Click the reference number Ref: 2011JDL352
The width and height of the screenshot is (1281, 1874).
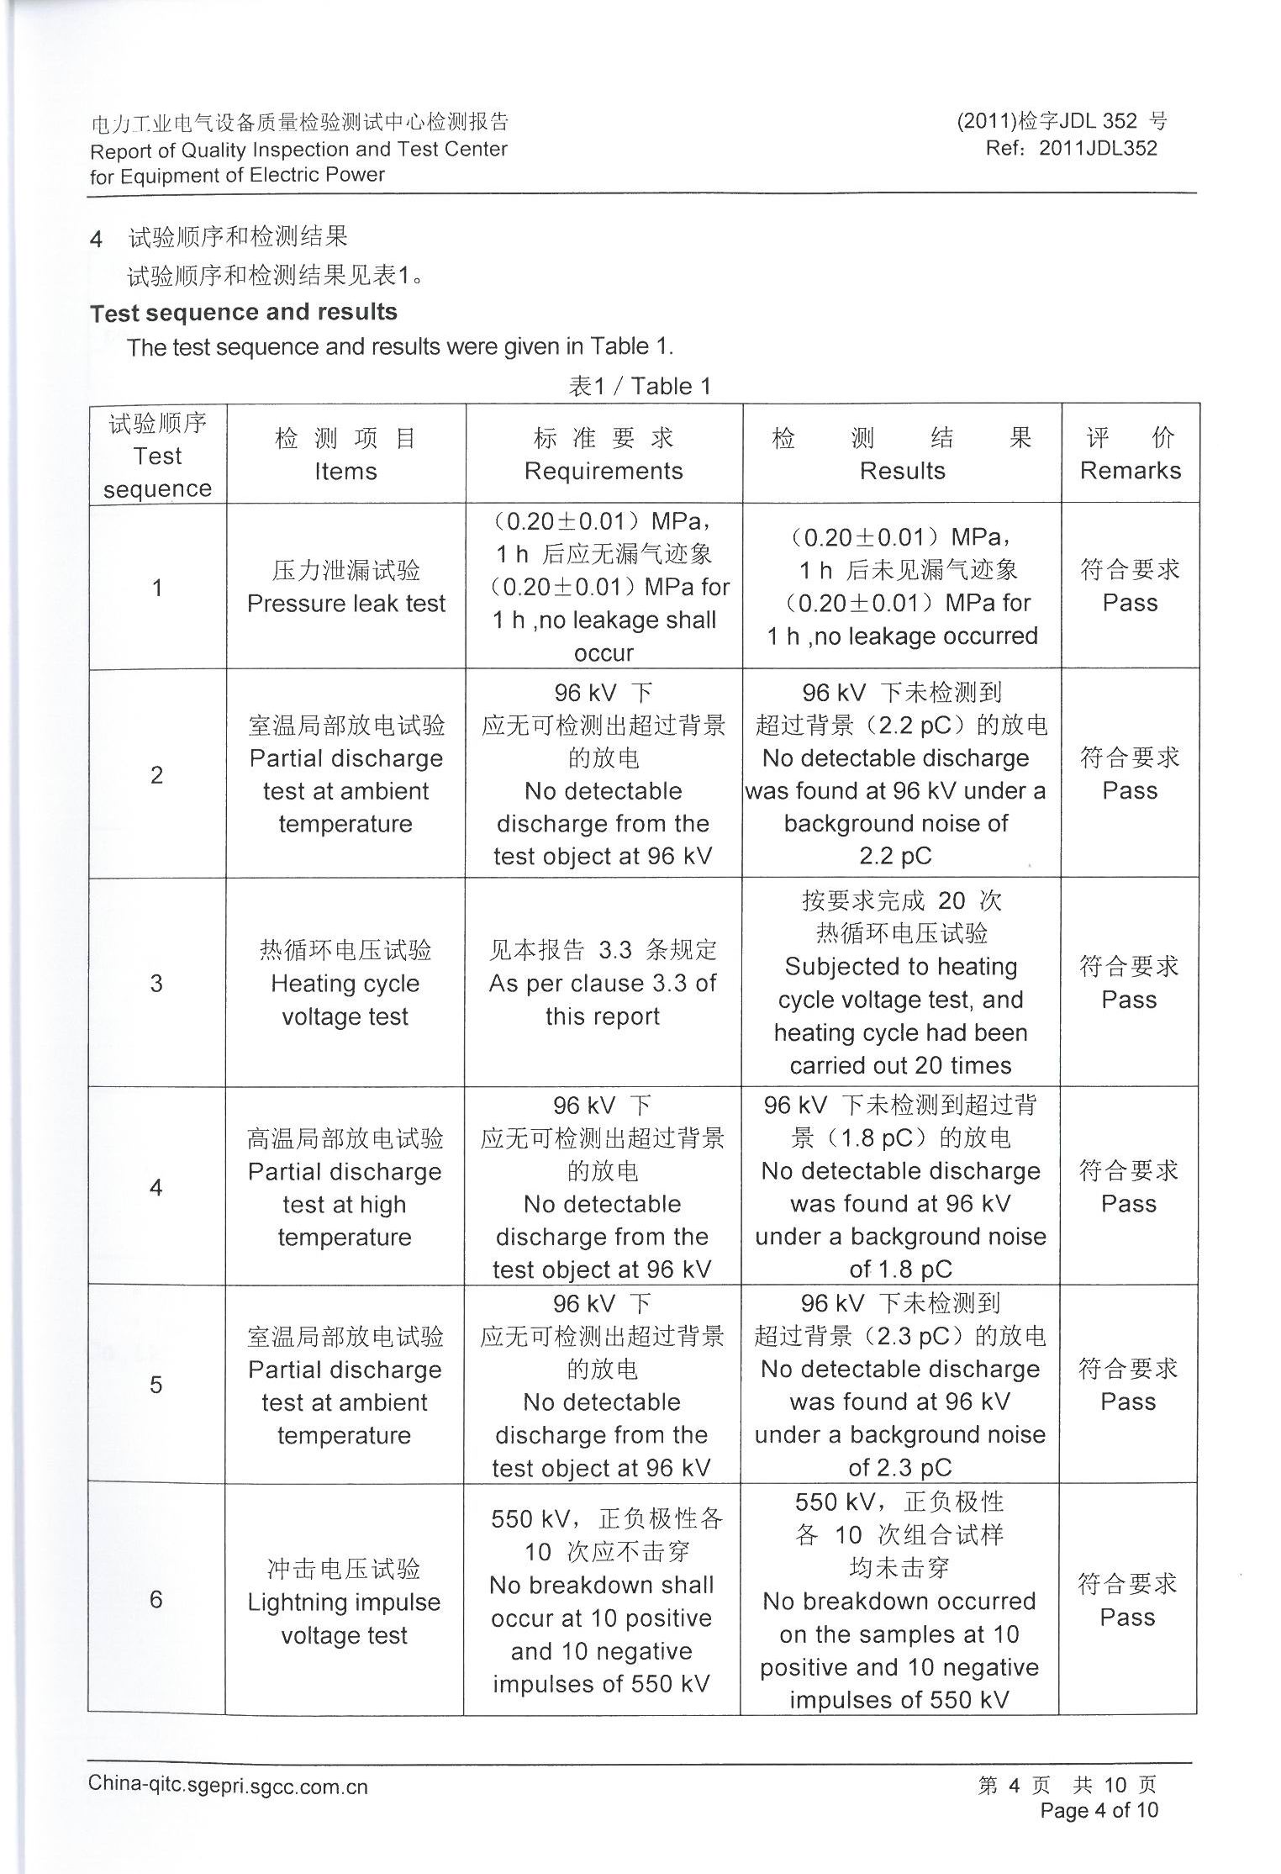click(x=1072, y=149)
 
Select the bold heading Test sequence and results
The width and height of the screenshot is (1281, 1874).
click(x=244, y=312)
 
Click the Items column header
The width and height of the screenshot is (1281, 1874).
click(x=345, y=471)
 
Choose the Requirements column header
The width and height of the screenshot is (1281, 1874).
click(x=604, y=471)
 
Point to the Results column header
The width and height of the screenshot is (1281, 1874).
click(x=902, y=471)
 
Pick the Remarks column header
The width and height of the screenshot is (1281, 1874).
click(x=1130, y=471)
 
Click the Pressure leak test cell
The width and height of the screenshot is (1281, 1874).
click(x=346, y=603)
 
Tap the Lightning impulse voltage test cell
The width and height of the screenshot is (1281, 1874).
click(x=344, y=1618)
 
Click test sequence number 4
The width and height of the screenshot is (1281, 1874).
click(x=156, y=1187)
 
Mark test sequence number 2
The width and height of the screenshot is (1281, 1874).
click(x=156, y=774)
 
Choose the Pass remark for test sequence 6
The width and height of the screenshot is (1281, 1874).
click(x=1127, y=1618)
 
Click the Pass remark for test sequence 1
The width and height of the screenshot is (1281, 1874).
click(x=1130, y=603)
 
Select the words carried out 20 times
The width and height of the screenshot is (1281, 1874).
click(x=900, y=1065)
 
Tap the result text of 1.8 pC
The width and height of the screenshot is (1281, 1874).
click(x=900, y=1269)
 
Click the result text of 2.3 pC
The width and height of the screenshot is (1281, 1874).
click(x=899, y=1467)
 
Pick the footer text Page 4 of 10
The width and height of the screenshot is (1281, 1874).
click(x=1099, y=1810)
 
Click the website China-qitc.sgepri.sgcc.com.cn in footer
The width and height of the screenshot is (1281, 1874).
click(x=228, y=1785)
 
